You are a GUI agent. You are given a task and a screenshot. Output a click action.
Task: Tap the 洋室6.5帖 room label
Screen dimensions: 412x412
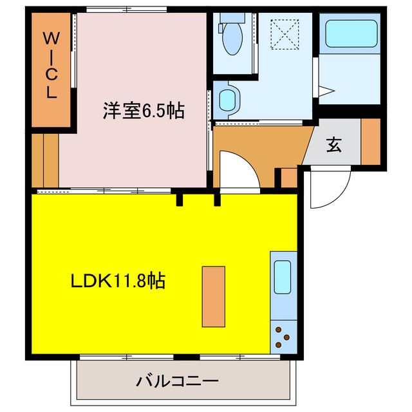coord(144,111)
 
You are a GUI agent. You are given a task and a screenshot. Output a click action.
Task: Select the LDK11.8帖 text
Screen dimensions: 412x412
coord(118,281)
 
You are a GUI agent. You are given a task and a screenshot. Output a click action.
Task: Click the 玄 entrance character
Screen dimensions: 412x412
coord(333,145)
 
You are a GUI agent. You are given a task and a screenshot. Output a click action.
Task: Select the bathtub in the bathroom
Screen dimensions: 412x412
coord(351,34)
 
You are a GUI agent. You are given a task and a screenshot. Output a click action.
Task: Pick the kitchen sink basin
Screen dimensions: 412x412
coord(283,277)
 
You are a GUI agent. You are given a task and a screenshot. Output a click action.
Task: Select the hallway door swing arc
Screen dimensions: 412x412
coord(239,169)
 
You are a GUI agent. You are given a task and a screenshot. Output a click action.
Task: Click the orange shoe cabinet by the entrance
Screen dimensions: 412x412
coord(370,141)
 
